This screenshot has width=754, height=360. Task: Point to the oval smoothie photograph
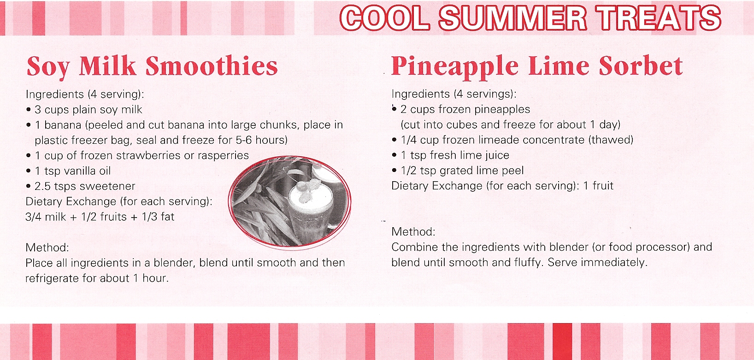[290, 201]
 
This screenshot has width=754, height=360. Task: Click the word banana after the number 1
[63, 125]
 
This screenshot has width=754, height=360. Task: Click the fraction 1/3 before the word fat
[149, 217]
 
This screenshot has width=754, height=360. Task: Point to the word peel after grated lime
[512, 171]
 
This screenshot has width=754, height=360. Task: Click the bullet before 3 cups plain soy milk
[29, 110]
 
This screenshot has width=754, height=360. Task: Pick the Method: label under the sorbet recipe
[413, 232]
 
